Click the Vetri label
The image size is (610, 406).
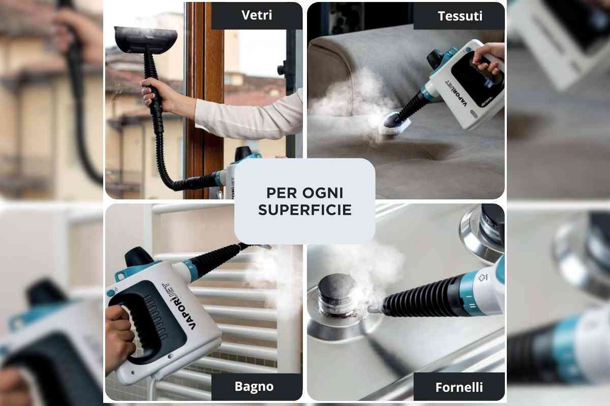click(x=257, y=15)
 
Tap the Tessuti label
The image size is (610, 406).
click(x=460, y=16)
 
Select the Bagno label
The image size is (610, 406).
click(x=254, y=386)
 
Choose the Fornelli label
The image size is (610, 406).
click(x=459, y=387)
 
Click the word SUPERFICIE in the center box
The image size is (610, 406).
click(x=304, y=210)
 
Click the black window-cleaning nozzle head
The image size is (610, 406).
click(x=146, y=40)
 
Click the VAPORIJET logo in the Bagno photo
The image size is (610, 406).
click(x=181, y=307)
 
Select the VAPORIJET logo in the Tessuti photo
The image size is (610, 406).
click(x=456, y=94)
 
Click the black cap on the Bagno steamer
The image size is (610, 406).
click(x=139, y=257)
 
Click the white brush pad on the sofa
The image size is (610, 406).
click(x=395, y=127)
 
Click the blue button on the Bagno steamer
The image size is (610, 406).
click(x=111, y=293)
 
